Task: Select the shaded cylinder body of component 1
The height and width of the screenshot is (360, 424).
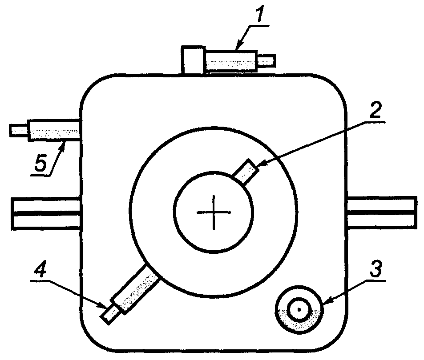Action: tap(232, 60)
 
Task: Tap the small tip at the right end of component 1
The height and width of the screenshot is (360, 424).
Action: tap(267, 60)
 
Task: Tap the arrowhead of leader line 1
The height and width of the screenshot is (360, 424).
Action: tap(237, 47)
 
